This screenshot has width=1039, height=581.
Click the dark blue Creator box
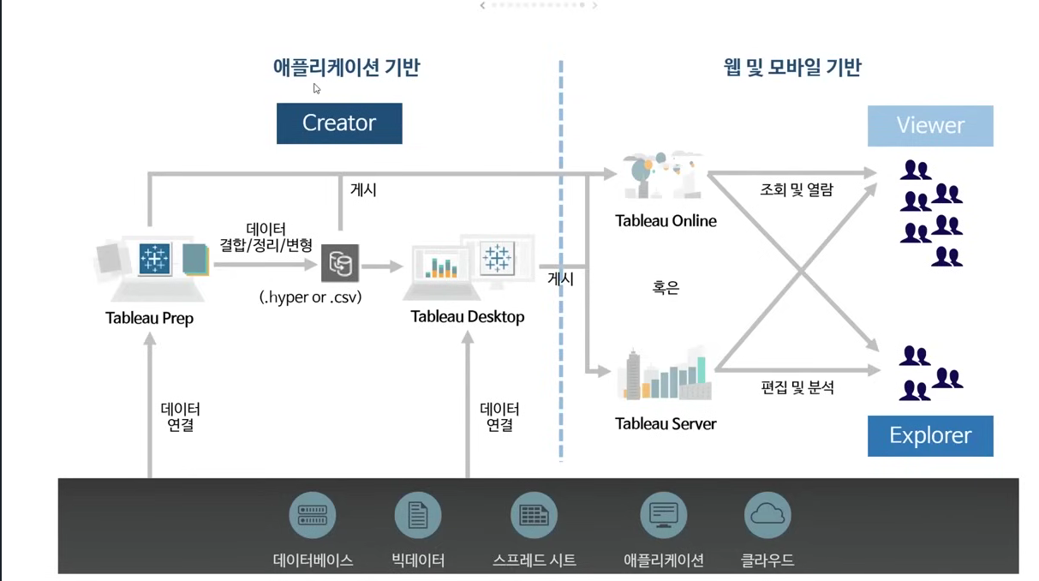tap(339, 123)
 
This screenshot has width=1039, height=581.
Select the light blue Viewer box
tap(930, 126)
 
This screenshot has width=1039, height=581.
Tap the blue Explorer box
tap(930, 435)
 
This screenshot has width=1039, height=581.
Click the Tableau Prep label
tap(149, 318)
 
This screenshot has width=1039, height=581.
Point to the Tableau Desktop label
tap(467, 316)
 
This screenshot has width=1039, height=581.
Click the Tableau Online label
tap(666, 220)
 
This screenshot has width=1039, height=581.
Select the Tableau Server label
tap(666, 423)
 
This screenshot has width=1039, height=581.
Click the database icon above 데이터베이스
tap(313, 515)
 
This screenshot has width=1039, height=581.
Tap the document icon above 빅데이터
tap(418, 515)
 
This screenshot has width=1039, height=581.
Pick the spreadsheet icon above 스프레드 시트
tap(534, 515)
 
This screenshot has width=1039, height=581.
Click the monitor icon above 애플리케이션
tap(664, 515)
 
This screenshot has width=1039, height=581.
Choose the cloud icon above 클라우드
tap(767, 515)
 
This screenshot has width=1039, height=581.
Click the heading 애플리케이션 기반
tap(347, 67)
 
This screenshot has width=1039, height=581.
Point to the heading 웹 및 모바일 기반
tap(792, 67)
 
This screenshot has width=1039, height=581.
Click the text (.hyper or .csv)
tap(310, 297)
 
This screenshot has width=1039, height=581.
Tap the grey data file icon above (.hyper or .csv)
tap(340, 263)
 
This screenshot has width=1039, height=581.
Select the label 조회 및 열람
tap(797, 189)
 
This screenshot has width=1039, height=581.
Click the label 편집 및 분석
tap(797, 387)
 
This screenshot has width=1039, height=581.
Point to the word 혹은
tap(666, 288)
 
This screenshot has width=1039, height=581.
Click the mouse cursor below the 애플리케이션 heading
tap(317, 88)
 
